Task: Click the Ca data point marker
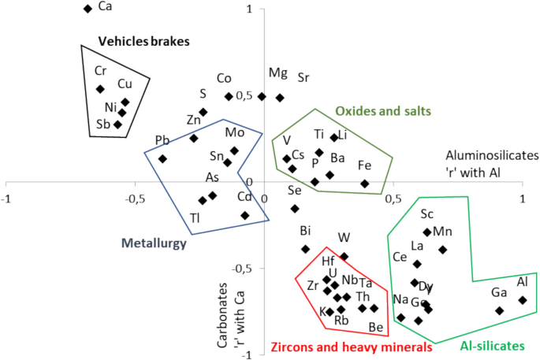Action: [88, 9]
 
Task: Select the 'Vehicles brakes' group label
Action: [143, 40]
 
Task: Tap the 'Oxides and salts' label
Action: [383, 111]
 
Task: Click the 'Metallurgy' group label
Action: [154, 243]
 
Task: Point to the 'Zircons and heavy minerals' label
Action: [351, 346]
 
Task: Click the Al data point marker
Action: [523, 299]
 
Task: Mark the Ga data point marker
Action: [500, 310]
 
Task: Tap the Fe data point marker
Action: [365, 184]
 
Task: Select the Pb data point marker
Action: [162, 158]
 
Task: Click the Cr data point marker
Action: [100, 89]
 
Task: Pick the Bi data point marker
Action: [306, 249]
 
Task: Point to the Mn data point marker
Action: [443, 250]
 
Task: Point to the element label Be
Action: [376, 327]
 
